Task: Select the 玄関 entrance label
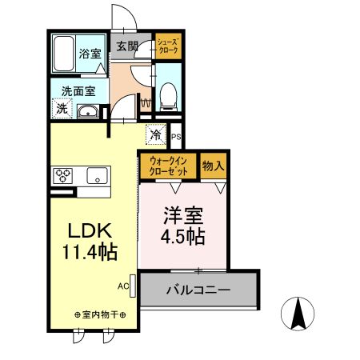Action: pos(127,46)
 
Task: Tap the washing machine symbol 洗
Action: pos(61,110)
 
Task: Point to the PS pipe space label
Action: pos(176,138)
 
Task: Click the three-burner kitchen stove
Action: pos(64,174)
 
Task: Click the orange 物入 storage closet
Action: pos(213,167)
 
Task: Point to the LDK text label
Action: pos(90,230)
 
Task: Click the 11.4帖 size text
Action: pos(90,253)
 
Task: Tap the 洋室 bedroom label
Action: pos(184,216)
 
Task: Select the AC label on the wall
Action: pos(123,285)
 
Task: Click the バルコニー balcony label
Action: pos(198,290)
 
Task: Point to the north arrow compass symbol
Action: pos(299,313)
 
